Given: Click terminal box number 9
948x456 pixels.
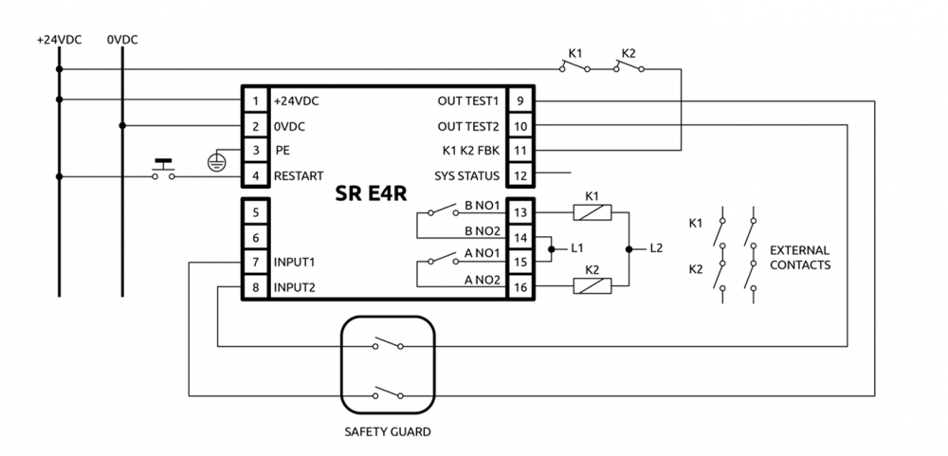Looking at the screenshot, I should [x=520, y=100].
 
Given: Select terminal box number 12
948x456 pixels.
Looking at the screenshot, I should [x=520, y=174].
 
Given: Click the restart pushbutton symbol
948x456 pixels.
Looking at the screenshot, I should [x=164, y=172].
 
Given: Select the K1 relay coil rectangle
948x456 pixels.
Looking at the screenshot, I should [x=592, y=212].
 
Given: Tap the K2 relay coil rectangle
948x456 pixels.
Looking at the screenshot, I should [x=592, y=285].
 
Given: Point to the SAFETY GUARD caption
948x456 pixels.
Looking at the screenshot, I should [x=387, y=432].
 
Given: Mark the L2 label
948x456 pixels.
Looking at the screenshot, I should [x=657, y=249].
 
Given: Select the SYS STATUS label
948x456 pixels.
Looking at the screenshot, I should [x=465, y=175].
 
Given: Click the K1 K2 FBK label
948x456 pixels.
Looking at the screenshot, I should [x=470, y=151].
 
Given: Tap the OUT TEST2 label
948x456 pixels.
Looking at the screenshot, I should [x=469, y=126].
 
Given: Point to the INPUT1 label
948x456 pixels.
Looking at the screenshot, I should [x=294, y=262].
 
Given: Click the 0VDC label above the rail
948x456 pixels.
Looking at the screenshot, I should [x=122, y=41].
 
